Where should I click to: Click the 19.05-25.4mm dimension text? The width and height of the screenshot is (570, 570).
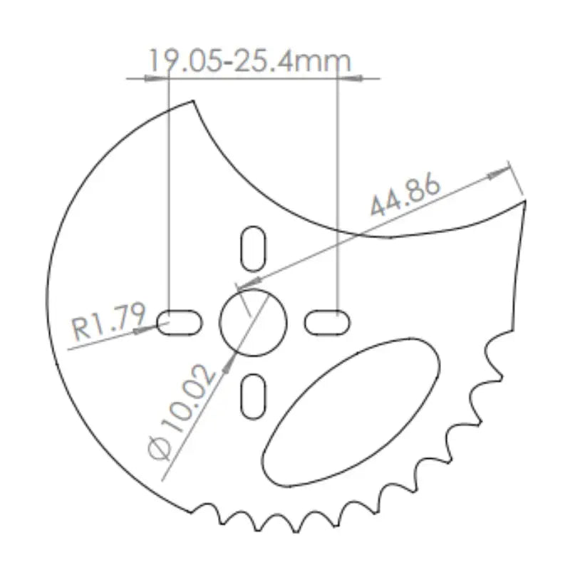pyautogui.click(x=249, y=62)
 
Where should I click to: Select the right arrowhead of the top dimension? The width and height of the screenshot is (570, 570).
pyautogui.click(x=351, y=78)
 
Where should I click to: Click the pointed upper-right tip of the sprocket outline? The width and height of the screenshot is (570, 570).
pyautogui.click(x=524, y=202)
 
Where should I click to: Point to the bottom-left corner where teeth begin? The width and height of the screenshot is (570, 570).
pyautogui.click(x=194, y=510)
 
